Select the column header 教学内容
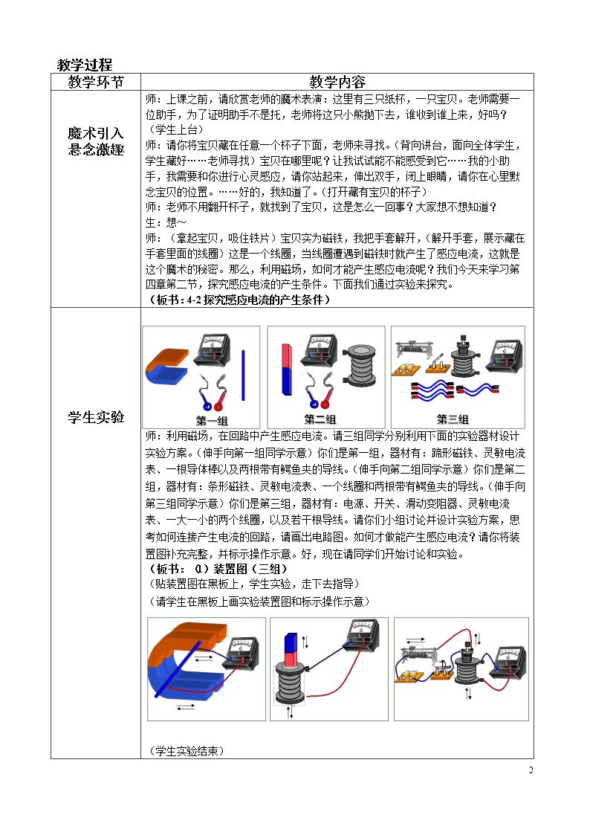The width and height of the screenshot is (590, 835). pos(337,82)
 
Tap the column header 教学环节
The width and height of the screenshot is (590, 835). pos(96,82)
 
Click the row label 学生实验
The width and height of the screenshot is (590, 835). pos(96,417)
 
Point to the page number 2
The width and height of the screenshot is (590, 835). pos(531,770)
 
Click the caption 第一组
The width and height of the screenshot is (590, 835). pos(212,420)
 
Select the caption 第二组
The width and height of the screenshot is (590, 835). pos(320,419)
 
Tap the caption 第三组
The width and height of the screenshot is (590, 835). pos(453,419)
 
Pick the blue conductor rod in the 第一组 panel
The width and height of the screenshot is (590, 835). pos(243,375)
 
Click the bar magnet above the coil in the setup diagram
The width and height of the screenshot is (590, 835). pos(291,650)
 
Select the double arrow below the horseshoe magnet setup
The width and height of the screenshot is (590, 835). pos(185,706)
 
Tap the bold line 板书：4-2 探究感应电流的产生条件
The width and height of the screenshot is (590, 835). pos(238,300)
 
